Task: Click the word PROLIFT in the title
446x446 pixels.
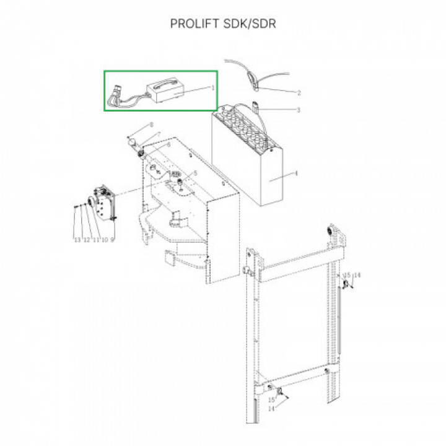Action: (195, 24)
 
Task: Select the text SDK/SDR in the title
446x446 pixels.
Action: (250, 24)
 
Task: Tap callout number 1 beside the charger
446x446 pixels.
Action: (212, 87)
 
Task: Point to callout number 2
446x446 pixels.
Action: (299, 93)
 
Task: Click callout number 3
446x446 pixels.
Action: (298, 110)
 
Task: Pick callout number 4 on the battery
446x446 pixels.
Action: (296, 173)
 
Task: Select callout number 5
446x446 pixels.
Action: (195, 173)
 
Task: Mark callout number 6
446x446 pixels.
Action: (168, 145)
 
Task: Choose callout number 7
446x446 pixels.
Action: (159, 134)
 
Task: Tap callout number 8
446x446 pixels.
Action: (152, 125)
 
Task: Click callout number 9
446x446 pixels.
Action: (113, 240)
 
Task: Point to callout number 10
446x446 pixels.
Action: (105, 240)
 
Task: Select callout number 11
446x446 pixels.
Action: (96, 240)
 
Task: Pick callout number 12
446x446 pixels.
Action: (87, 240)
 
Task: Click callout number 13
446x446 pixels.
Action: (77, 240)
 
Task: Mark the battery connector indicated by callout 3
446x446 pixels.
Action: (256, 107)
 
